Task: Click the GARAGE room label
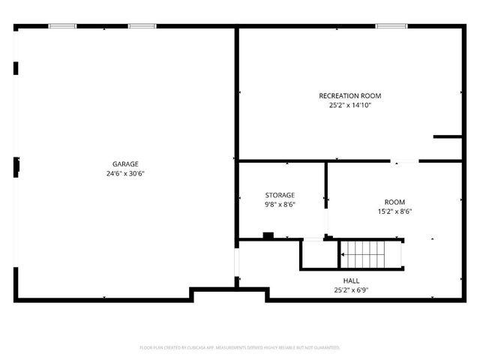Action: coord(125,164)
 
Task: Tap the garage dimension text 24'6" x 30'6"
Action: coord(125,173)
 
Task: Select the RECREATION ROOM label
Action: coord(350,96)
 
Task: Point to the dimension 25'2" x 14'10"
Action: coord(350,106)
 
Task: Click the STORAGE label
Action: coord(280,195)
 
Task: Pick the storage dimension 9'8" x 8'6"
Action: coord(280,204)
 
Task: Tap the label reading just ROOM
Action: coord(394,202)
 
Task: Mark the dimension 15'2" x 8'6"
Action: coord(394,211)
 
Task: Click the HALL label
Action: coord(351,280)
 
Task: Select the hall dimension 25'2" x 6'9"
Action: coord(351,289)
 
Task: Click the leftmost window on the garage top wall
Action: coord(62,27)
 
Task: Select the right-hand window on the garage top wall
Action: coord(141,27)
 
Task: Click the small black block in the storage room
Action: coord(268,236)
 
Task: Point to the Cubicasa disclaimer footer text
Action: coord(240,348)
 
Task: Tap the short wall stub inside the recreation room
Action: coord(447,136)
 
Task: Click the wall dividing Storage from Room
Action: coord(326,184)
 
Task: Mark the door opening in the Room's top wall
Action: coord(405,160)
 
